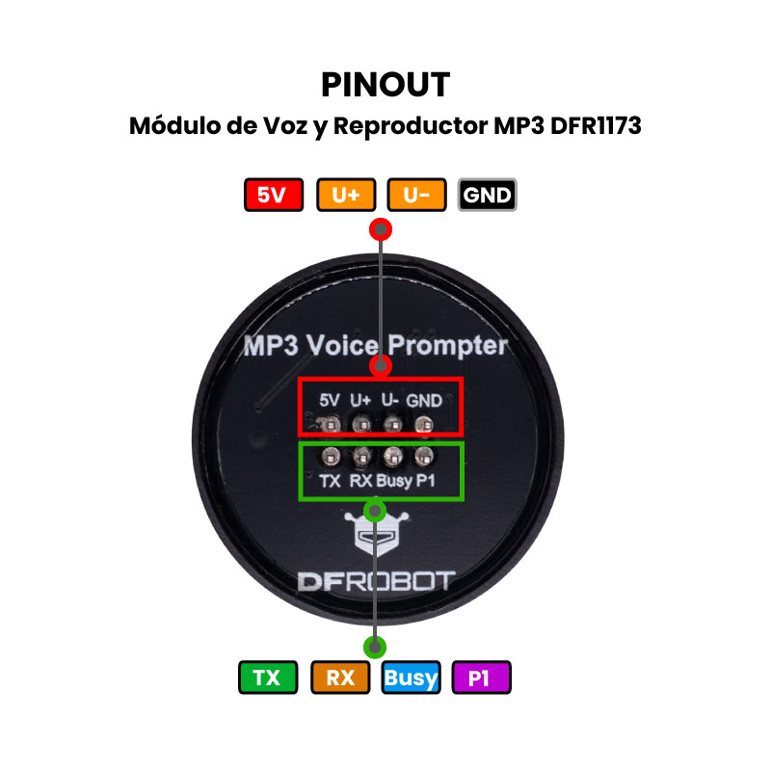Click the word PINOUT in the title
[x=385, y=85]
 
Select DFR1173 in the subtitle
[x=597, y=126]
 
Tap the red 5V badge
[x=274, y=196]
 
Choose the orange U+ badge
[x=346, y=196]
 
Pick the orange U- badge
[x=416, y=196]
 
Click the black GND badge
[x=488, y=196]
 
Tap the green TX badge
[x=266, y=678]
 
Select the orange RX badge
[x=340, y=678]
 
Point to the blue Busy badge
[x=411, y=678]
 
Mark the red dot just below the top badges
[x=382, y=229]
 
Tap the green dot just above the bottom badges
[x=375, y=647]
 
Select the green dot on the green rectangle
[x=375, y=509]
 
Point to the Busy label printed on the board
[x=393, y=480]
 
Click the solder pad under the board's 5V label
[x=330, y=424]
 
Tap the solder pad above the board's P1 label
[x=424, y=455]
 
